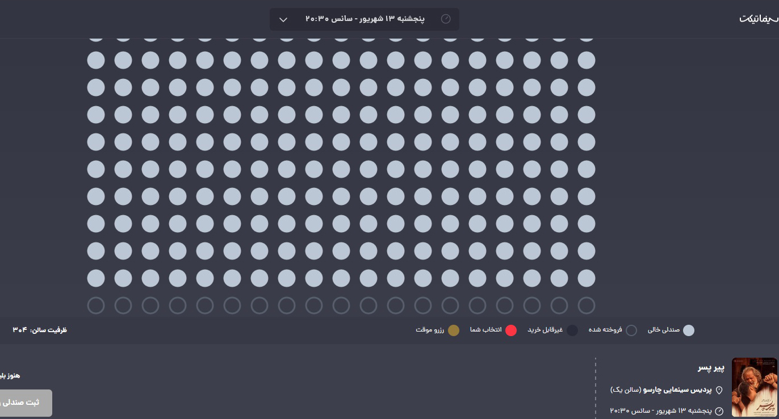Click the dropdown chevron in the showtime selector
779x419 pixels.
[283, 20]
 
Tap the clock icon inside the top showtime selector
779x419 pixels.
[446, 19]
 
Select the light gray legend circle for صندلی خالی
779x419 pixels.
[688, 330]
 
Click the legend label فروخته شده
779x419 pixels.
[605, 330]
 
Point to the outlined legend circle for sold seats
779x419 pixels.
[631, 330]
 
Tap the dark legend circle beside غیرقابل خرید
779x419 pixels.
[572, 330]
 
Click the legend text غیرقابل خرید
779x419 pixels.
[545, 330]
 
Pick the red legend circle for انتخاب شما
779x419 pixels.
[511, 330]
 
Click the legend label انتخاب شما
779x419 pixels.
[485, 330]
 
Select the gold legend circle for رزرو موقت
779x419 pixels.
[453, 330]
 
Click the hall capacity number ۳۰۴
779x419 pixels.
[20, 330]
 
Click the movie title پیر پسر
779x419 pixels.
[711, 368]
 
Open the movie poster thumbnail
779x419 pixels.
[755, 387]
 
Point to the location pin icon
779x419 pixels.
[719, 390]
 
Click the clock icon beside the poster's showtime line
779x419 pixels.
[719, 411]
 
